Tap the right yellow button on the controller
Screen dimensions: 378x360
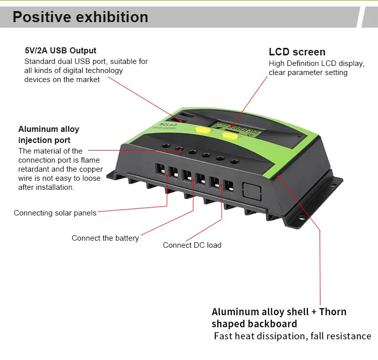(x=230, y=135)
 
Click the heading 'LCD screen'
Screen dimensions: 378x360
(x=297, y=52)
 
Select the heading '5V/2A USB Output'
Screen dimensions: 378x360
(x=60, y=50)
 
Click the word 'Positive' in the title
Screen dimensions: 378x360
(x=42, y=17)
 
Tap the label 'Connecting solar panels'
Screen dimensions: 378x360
(x=55, y=213)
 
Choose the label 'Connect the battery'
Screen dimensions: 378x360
(x=105, y=238)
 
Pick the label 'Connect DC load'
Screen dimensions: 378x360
(x=192, y=245)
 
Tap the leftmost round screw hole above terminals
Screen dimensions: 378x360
(x=165, y=147)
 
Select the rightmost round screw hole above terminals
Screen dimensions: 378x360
(x=234, y=161)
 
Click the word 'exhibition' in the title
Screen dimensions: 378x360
(x=112, y=17)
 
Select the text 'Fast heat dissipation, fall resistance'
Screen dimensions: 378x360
(x=292, y=336)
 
